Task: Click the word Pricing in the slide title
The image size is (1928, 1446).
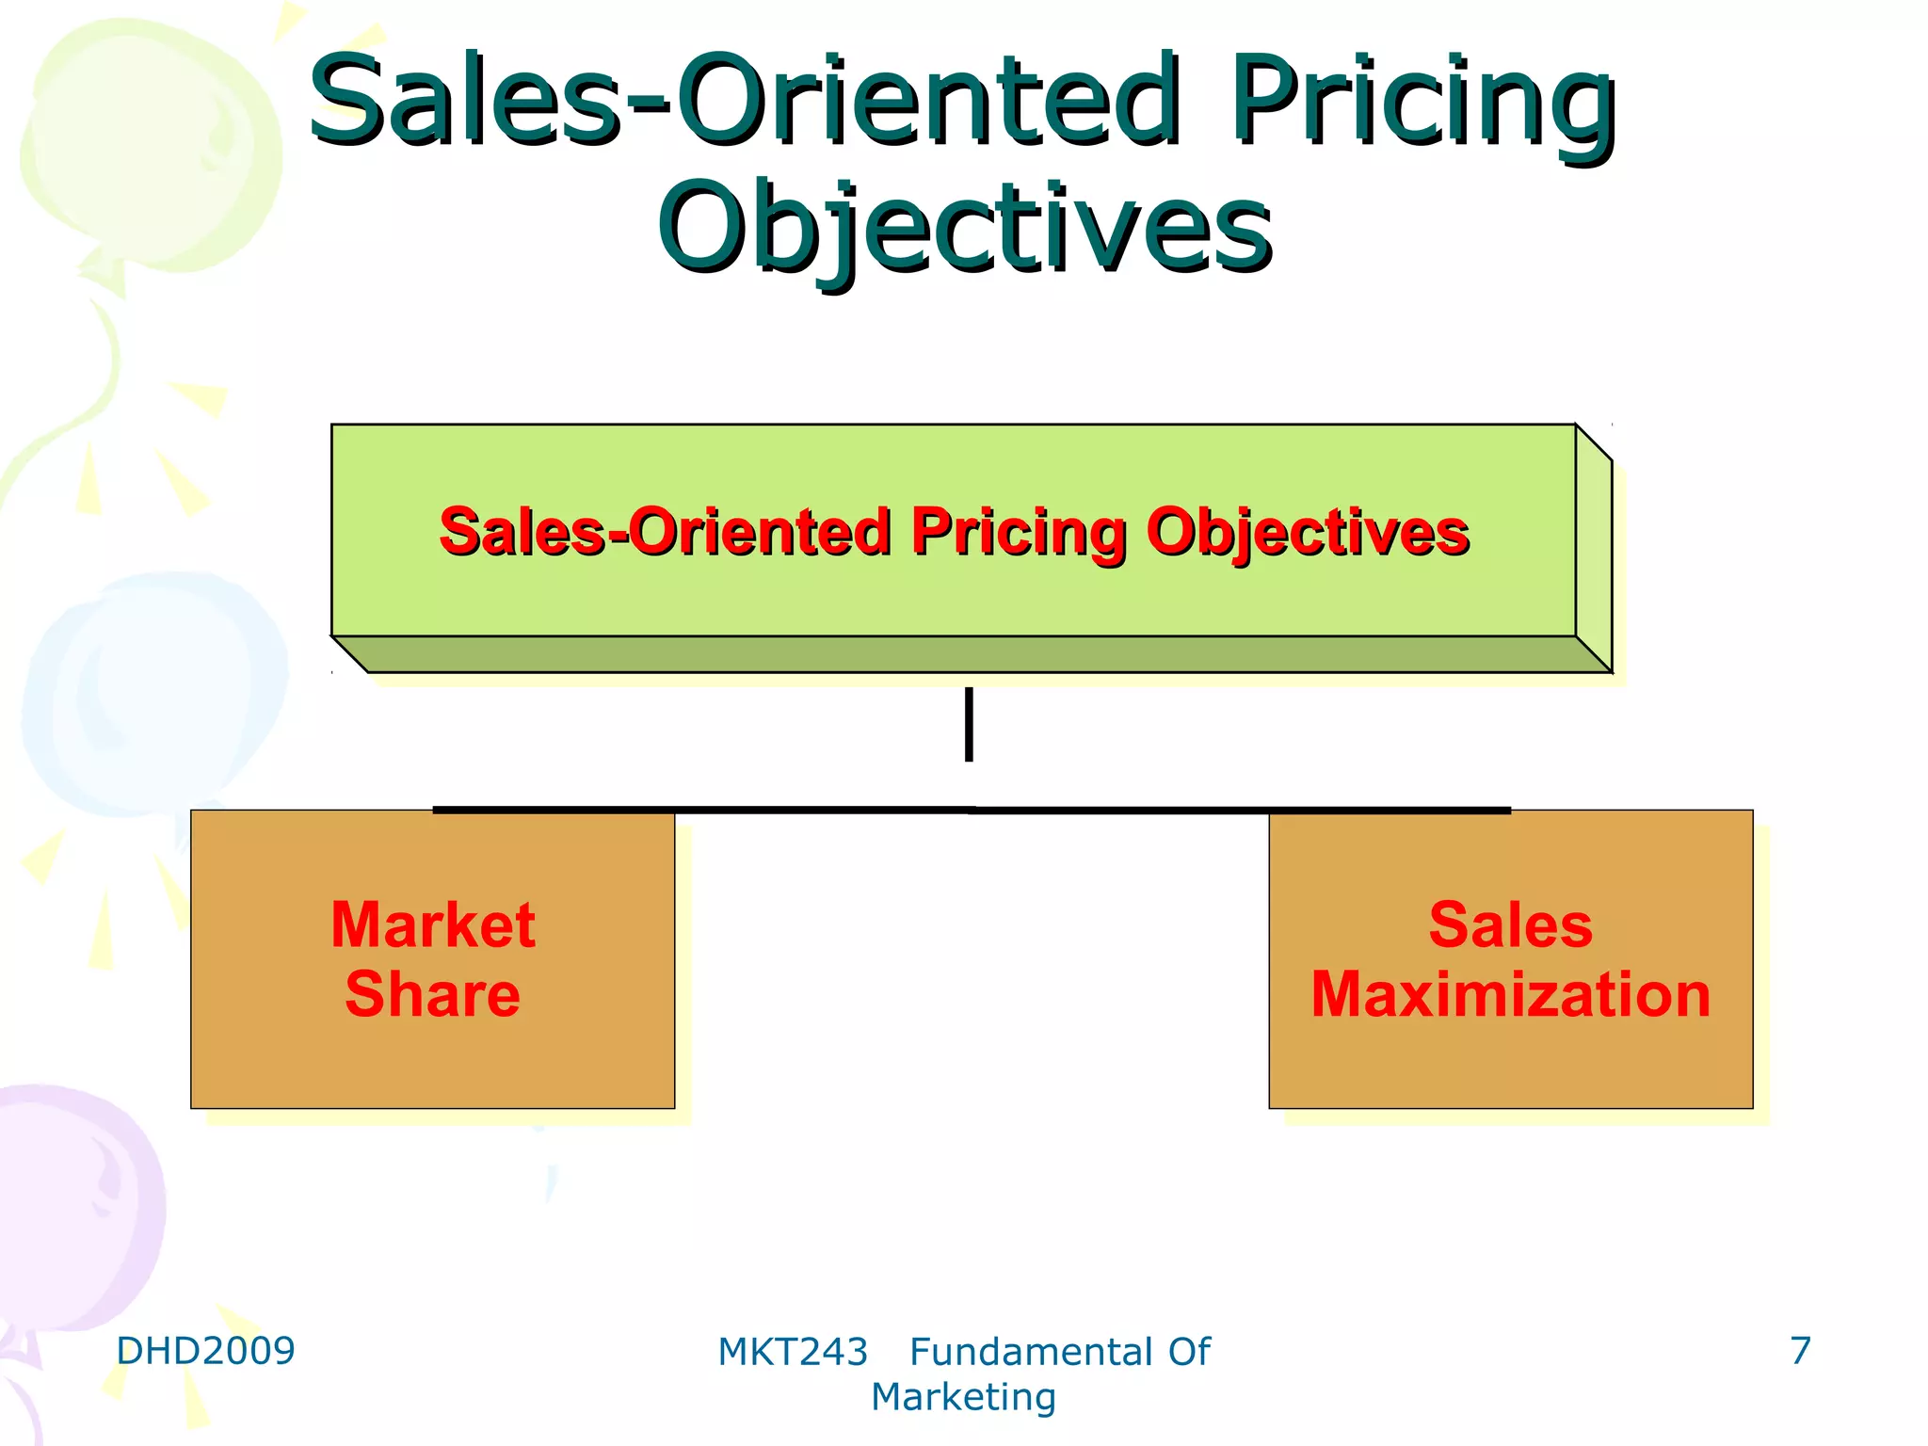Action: click(x=1423, y=102)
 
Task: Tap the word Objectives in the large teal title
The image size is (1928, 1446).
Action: click(x=965, y=229)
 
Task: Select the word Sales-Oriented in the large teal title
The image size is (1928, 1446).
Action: click(x=744, y=102)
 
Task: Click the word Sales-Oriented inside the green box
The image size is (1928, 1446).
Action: click(x=665, y=533)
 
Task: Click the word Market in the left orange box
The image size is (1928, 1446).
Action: click(x=433, y=924)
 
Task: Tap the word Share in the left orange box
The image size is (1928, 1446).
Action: click(x=433, y=994)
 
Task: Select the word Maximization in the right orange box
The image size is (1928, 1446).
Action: click(x=1510, y=994)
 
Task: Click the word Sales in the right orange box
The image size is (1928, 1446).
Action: click(x=1510, y=924)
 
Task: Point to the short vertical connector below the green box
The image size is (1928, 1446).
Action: click(x=969, y=724)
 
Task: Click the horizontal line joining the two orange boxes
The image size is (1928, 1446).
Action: click(x=970, y=810)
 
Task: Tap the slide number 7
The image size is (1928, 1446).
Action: click(x=1800, y=1351)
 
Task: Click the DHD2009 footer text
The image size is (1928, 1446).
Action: click(x=205, y=1351)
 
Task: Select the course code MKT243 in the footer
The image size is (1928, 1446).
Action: click(x=792, y=1353)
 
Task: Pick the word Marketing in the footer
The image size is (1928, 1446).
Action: click(x=963, y=1398)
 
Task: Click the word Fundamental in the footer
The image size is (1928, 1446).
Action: click(x=1030, y=1353)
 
